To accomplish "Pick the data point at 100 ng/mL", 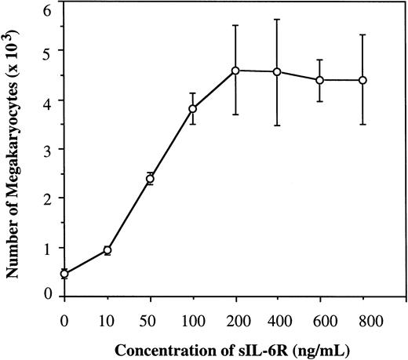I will (192, 108).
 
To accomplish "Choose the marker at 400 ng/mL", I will (277, 72).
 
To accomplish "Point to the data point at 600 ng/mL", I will (320, 80).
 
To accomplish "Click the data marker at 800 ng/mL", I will (362, 80).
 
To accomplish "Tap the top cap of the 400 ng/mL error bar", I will (277, 20).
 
